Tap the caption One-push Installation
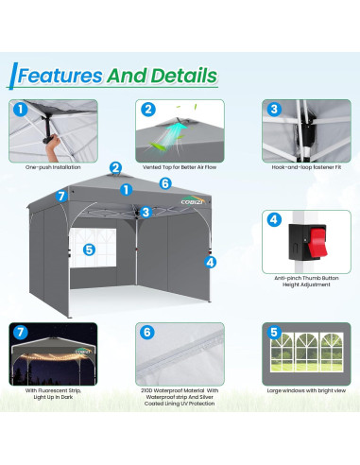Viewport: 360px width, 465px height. (54, 167)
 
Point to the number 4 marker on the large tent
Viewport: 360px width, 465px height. (210, 262)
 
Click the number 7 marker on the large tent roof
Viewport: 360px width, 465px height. (61, 196)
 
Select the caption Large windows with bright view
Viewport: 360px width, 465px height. (306, 387)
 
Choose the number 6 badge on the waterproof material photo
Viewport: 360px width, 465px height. (146, 332)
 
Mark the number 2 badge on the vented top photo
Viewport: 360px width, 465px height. (147, 110)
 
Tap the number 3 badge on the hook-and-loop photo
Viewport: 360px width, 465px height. (273, 110)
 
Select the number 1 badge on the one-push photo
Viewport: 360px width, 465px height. (20, 109)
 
